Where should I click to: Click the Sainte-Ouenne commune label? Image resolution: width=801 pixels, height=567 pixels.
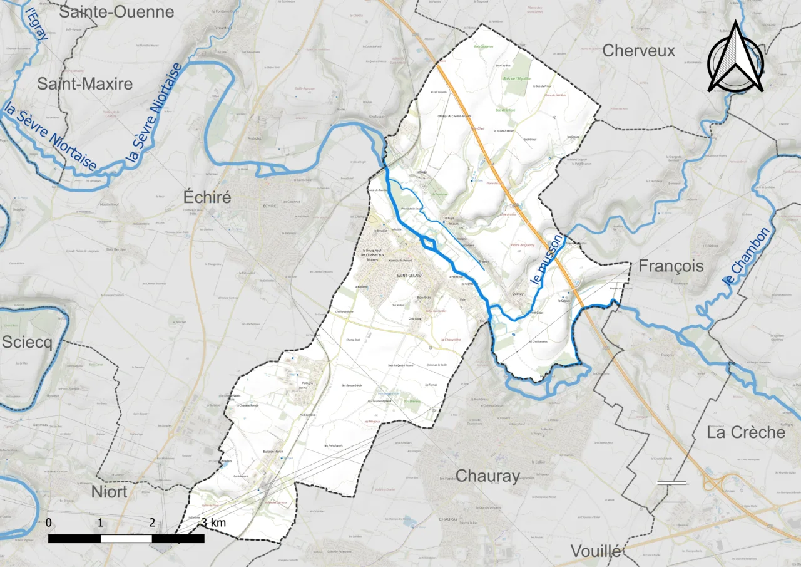click(x=116, y=12)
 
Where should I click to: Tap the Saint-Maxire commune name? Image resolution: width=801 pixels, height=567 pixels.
click(x=84, y=84)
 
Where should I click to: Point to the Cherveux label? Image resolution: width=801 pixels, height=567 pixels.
click(x=639, y=51)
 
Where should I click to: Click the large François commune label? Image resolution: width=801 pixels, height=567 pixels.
click(x=671, y=266)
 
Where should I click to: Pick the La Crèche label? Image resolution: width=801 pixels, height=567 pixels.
click(x=746, y=432)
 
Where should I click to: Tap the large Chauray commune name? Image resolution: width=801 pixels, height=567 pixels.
click(x=487, y=476)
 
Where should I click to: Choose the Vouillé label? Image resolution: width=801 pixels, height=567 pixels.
click(x=596, y=551)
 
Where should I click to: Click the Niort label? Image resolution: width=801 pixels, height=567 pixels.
click(x=110, y=491)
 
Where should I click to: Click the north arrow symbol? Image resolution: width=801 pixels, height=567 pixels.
click(x=735, y=58)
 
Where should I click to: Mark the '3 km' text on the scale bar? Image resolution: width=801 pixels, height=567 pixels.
click(x=213, y=523)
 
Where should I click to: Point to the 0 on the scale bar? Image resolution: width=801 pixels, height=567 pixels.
click(x=49, y=523)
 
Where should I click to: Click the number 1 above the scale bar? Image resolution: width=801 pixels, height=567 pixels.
click(x=100, y=523)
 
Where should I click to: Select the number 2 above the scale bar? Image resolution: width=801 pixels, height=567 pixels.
click(x=152, y=523)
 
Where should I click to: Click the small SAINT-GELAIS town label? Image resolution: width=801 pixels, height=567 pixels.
click(x=409, y=276)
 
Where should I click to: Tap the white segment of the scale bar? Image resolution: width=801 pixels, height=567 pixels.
click(x=126, y=538)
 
